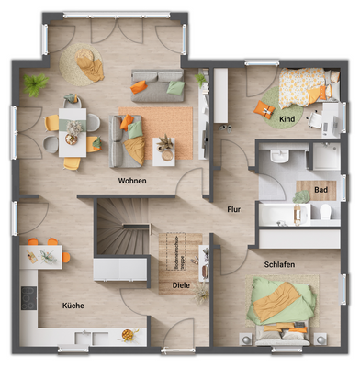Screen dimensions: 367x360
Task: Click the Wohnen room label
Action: [x=132, y=182]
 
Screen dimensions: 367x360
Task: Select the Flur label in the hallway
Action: [x=234, y=209]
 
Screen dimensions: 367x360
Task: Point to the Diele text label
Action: [x=180, y=284]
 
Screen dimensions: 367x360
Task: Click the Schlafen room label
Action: [x=279, y=264]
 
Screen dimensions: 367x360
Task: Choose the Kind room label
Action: [x=287, y=119]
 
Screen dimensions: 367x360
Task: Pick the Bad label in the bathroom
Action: [x=321, y=190]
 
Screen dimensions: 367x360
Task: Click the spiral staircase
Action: [x=121, y=233]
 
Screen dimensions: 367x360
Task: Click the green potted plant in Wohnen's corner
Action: [x=36, y=85]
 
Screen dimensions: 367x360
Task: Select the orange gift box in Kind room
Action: [x=266, y=110]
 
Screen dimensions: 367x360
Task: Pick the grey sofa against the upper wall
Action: [x=157, y=84]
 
